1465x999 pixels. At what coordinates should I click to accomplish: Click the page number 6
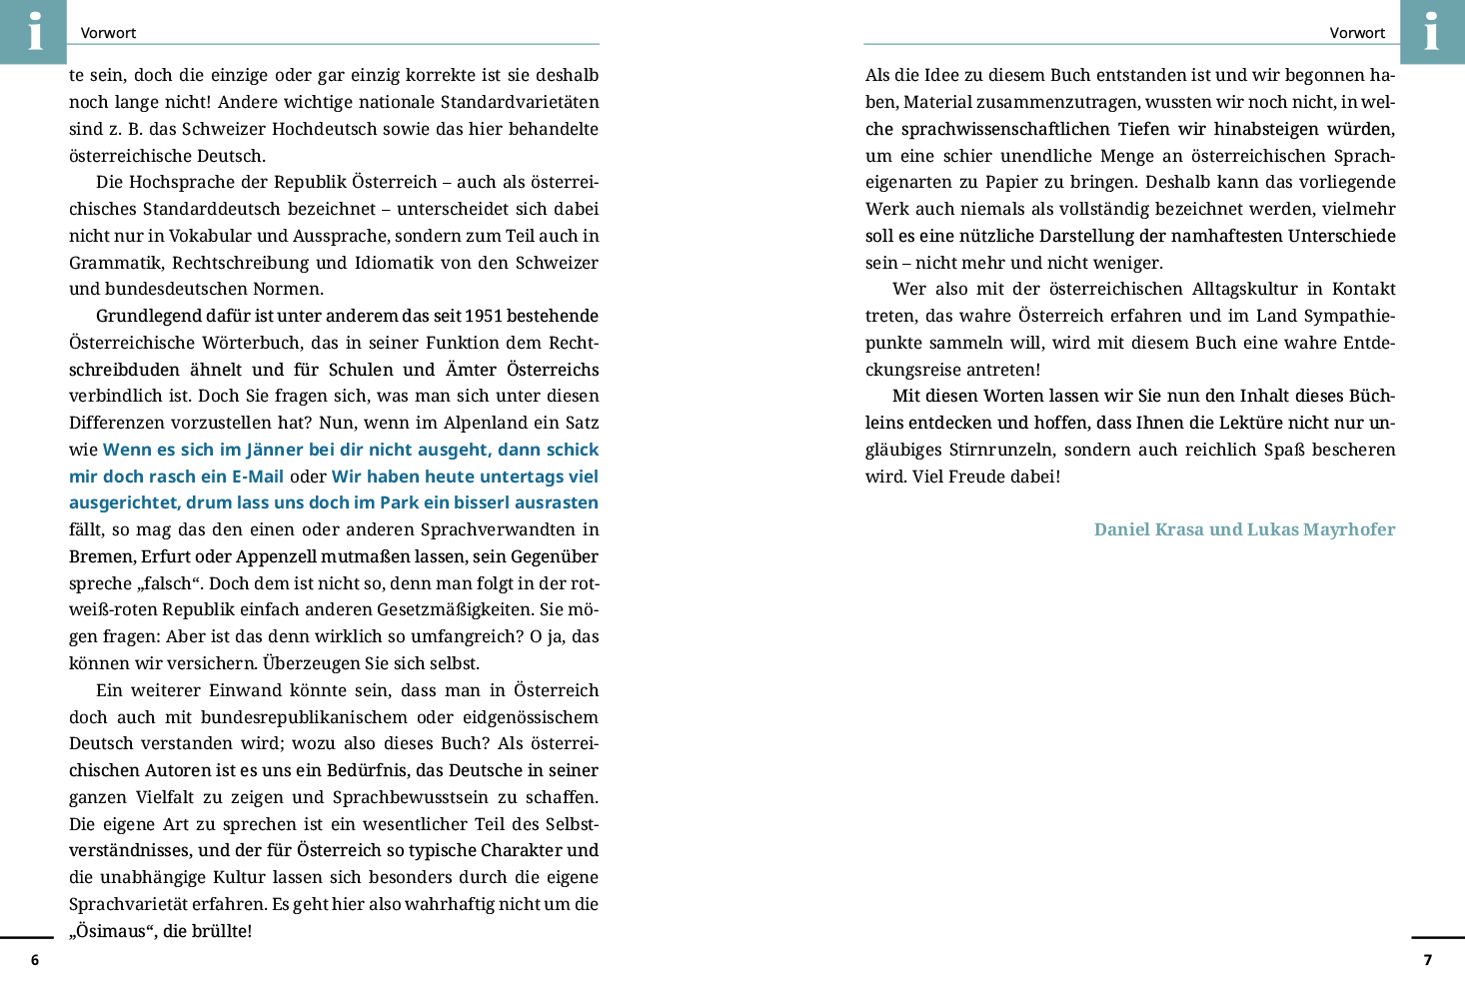35,960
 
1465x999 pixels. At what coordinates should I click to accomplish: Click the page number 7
1427,960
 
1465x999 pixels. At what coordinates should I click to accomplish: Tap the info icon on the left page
34,31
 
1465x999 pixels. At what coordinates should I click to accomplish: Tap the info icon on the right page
1431,31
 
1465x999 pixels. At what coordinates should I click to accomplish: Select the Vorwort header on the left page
108,33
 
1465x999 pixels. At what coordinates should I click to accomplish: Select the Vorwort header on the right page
1357,33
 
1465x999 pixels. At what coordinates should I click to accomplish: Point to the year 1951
483,316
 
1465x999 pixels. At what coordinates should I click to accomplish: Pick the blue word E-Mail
258,477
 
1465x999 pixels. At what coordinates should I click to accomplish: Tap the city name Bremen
101,556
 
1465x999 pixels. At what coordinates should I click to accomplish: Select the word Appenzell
263,556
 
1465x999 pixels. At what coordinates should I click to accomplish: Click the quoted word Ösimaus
111,931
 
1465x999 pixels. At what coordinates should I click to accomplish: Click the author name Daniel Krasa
1148,529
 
